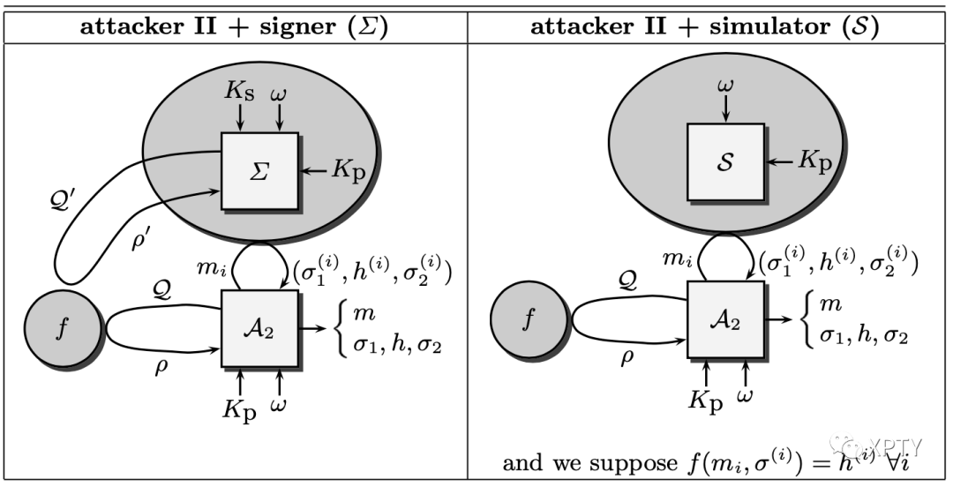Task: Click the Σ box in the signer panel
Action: [x=259, y=170]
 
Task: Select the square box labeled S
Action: [x=725, y=161]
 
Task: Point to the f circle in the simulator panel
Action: [x=529, y=319]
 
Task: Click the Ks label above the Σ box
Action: [x=238, y=91]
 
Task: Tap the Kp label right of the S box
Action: [x=814, y=161]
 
